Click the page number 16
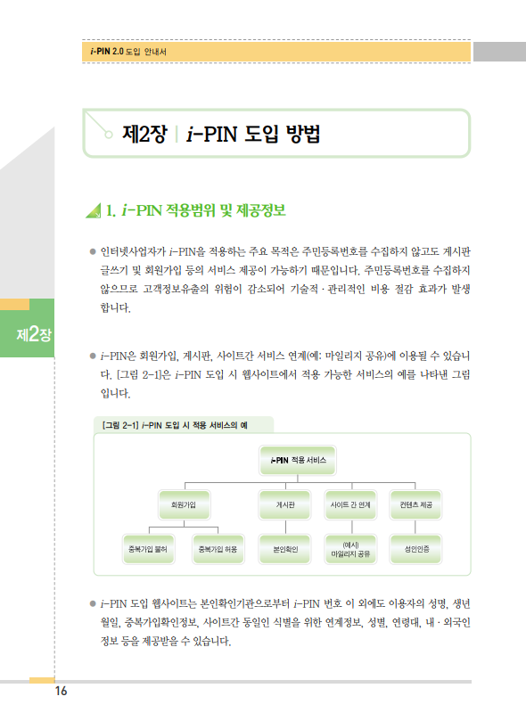[62, 691]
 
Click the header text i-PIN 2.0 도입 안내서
[128, 52]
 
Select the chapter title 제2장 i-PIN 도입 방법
[221, 134]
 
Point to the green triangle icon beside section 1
[94, 210]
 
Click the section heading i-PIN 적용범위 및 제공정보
[203, 210]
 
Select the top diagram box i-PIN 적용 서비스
[298, 460]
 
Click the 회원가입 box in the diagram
[184, 505]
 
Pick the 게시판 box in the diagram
[285, 505]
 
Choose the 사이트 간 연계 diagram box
[350, 505]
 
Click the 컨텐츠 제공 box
[415, 505]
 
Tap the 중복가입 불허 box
[149, 549]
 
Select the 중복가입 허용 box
[218, 549]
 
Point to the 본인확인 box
[285, 549]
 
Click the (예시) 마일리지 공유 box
[350, 549]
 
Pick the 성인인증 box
[415, 549]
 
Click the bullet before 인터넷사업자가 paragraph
[93, 251]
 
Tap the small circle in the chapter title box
[109, 135]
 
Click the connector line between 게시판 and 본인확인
[285, 527]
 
